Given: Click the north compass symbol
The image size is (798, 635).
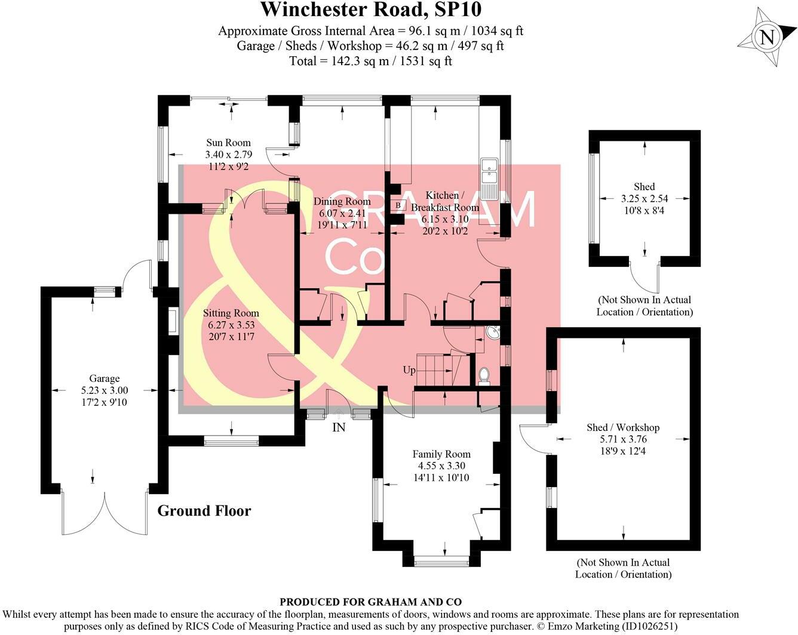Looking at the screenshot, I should click(x=766, y=38).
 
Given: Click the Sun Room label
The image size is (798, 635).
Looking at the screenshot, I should click(x=228, y=143).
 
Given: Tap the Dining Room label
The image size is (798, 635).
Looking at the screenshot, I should click(x=342, y=202).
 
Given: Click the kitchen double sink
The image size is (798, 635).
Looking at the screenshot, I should click(x=490, y=170).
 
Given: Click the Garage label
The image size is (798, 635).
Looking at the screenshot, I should click(x=104, y=378).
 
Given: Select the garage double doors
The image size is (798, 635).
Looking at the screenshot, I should click(x=105, y=513).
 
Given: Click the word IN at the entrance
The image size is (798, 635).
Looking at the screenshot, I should click(x=339, y=427).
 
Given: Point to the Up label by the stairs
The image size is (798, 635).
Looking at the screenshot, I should click(x=409, y=370).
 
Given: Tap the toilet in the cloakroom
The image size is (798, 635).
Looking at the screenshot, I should click(x=484, y=376).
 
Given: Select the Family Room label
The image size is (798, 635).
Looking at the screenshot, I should click(x=441, y=454).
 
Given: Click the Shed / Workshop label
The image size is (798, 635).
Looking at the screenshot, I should click(x=623, y=427).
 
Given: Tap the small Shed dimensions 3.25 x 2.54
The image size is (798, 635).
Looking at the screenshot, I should click(x=644, y=199).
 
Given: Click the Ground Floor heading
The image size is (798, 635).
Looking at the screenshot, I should click(x=204, y=511).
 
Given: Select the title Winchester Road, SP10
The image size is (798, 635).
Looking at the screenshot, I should click(x=371, y=10).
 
